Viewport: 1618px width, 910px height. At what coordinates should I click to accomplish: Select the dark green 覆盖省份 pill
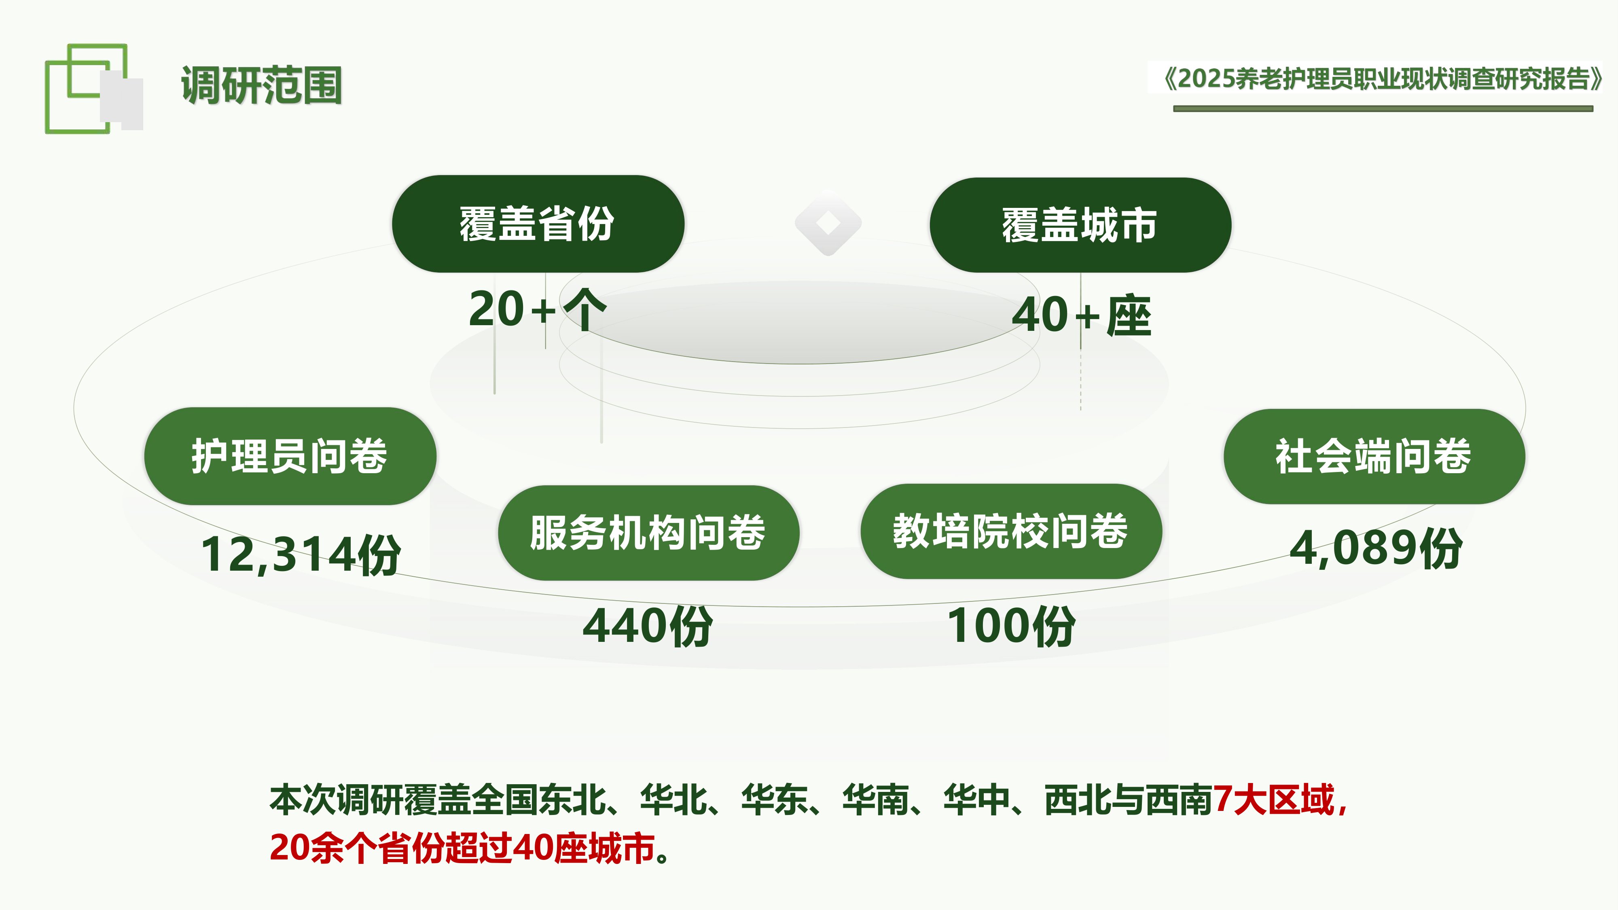[538, 224]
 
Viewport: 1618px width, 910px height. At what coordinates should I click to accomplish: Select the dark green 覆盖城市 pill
[1080, 225]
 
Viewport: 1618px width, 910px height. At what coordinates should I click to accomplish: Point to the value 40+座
[1081, 315]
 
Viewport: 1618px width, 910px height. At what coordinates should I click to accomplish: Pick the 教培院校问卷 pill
[1010, 531]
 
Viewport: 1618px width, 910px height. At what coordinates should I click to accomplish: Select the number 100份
[1010, 626]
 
